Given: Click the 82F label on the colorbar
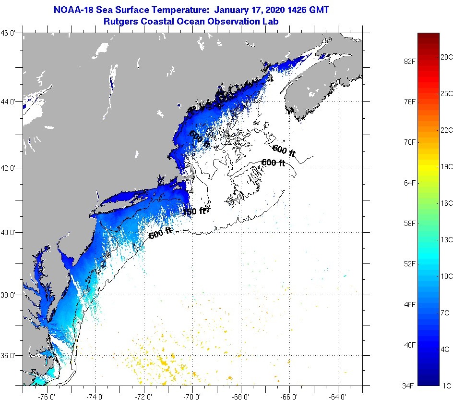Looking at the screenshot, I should coord(409,61).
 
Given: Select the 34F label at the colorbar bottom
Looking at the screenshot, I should coord(409,386).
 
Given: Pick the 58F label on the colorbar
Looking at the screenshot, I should coord(409,224).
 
